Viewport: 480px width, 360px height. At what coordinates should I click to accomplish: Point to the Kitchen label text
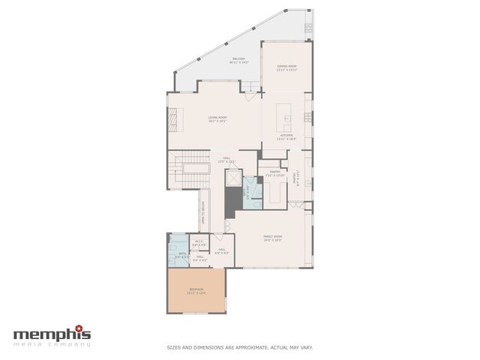(x=286, y=136)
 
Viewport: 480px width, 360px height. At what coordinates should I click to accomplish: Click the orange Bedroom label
(x=195, y=291)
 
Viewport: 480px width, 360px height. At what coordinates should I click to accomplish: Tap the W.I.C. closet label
(x=199, y=243)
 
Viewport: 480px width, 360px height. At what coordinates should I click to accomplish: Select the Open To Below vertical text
(x=202, y=217)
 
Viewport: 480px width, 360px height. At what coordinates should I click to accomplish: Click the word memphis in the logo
(x=51, y=332)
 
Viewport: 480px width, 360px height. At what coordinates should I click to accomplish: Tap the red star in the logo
(x=88, y=328)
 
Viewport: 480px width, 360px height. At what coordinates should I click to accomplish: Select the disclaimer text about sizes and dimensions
(x=239, y=347)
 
